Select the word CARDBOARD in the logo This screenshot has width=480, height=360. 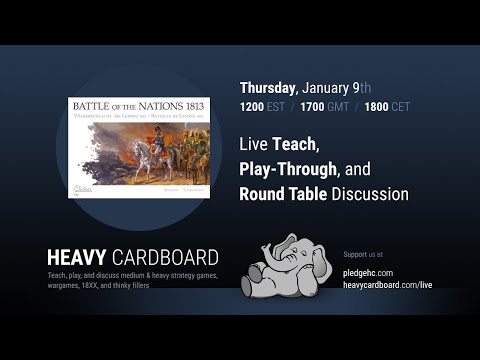(169, 257)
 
